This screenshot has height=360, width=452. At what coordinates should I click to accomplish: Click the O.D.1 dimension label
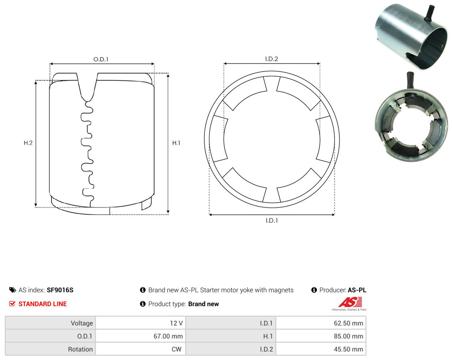click(x=101, y=59)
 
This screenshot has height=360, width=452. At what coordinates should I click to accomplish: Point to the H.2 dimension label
click(x=28, y=143)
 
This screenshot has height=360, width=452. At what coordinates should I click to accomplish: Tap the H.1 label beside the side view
click(x=176, y=143)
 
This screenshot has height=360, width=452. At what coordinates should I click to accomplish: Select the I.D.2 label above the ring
click(x=271, y=59)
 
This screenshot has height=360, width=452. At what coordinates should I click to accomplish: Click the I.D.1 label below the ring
click(x=272, y=221)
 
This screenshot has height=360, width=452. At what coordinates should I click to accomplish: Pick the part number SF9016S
click(x=60, y=290)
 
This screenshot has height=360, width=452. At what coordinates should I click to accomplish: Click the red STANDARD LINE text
click(x=43, y=304)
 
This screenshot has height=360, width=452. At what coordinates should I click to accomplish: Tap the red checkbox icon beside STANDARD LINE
click(x=12, y=304)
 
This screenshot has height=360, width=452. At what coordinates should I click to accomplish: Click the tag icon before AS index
click(x=13, y=290)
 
